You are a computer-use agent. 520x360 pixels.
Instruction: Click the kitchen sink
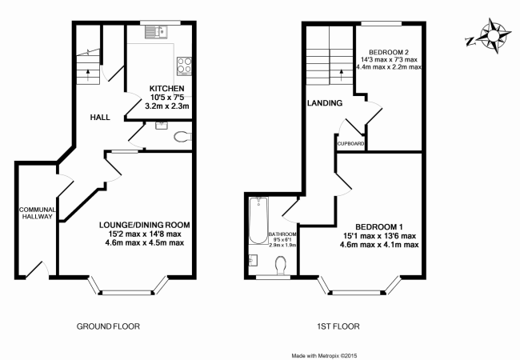coord(156,32)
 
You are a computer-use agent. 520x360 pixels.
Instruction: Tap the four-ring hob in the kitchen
coord(184,66)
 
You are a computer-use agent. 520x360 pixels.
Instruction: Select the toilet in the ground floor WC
coord(182,137)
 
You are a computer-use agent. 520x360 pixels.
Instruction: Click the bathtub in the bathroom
coord(258,221)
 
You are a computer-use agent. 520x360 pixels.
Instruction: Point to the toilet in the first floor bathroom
coord(281,265)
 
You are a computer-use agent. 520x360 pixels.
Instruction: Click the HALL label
coord(100,118)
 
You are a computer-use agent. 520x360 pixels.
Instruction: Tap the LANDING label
coord(325,103)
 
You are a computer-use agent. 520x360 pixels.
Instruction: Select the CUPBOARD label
coord(350,144)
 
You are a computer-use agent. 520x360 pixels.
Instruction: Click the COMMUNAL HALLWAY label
coord(37,213)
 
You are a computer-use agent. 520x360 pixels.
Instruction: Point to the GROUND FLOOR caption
coord(108,326)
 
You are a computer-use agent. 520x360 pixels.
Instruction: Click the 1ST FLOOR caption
coord(338,326)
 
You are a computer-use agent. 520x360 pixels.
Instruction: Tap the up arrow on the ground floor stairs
coord(88,75)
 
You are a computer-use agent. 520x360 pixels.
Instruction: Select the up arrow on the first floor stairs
coord(342,75)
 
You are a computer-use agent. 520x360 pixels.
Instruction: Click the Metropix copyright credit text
coord(324,356)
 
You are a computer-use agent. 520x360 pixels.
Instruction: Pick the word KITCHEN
coord(167,89)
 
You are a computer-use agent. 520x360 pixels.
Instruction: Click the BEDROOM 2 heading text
coord(389,52)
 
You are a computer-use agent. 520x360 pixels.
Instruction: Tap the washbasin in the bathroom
coord(254,260)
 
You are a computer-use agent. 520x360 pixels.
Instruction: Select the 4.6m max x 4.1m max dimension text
coord(379,245)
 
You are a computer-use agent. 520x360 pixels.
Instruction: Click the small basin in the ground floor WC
coord(161,126)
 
